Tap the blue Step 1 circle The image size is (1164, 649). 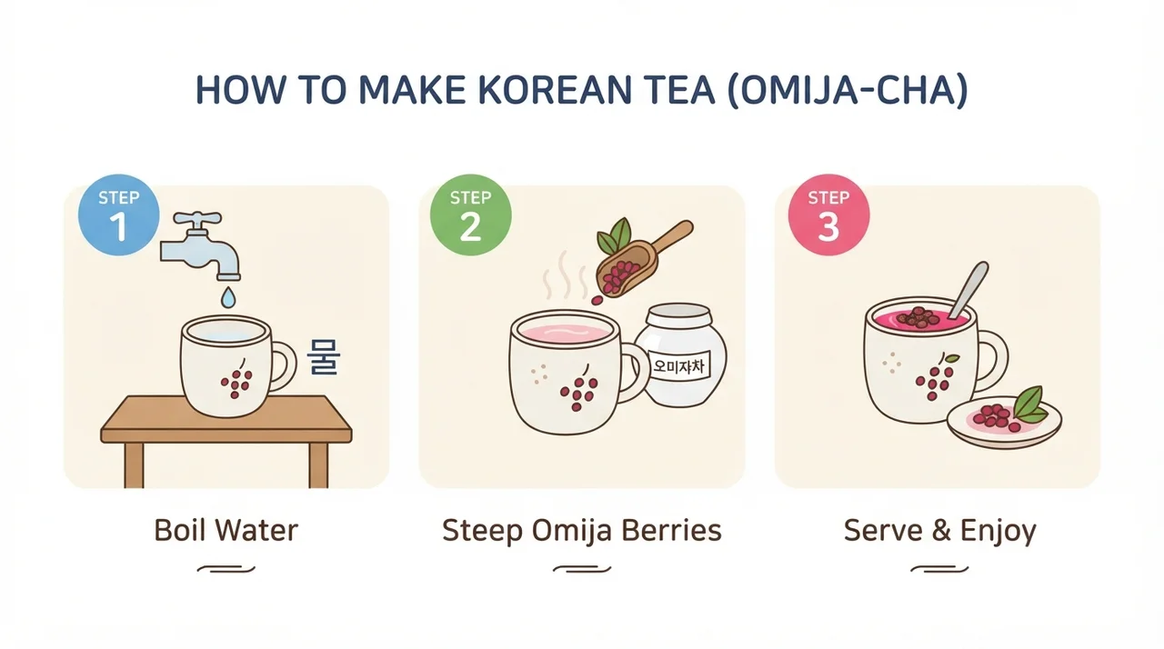pyautogui.click(x=119, y=215)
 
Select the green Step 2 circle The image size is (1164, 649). pyautogui.click(x=471, y=215)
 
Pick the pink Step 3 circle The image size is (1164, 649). pyautogui.click(x=828, y=215)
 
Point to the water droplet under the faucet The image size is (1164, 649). pyautogui.click(x=228, y=297)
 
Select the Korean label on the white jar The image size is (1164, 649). pyautogui.click(x=678, y=366)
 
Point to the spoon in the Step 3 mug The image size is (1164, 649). pyautogui.click(x=968, y=290)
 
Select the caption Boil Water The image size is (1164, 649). pyautogui.click(x=226, y=530)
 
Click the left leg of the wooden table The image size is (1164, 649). pyautogui.click(x=134, y=465)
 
